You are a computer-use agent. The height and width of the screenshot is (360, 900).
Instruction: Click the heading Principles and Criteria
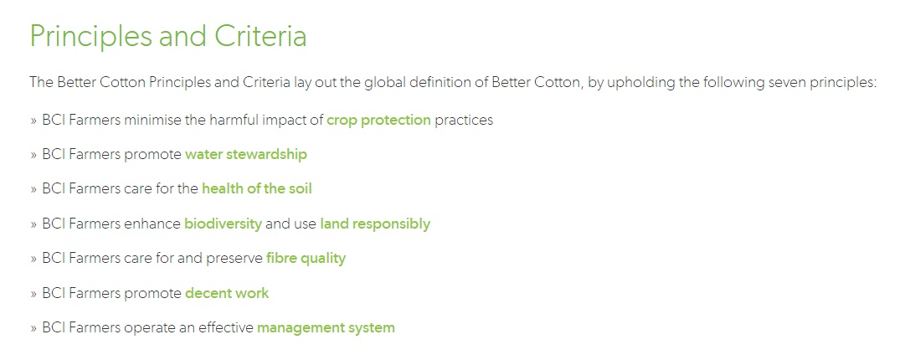(x=168, y=37)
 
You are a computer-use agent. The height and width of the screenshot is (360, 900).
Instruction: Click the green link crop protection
(x=378, y=120)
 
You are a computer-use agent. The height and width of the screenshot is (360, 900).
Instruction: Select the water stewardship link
(x=245, y=154)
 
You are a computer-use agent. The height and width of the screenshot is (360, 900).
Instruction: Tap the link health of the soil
(x=256, y=189)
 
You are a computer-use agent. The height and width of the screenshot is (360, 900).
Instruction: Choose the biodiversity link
(x=223, y=224)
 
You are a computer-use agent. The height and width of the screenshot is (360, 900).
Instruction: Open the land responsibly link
(x=375, y=224)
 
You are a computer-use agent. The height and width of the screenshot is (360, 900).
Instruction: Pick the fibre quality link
(x=306, y=259)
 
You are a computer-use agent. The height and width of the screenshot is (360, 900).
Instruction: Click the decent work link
(x=227, y=293)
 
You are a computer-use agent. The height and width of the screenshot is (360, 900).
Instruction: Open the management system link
(x=326, y=328)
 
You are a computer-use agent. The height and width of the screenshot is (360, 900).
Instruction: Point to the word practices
(x=464, y=120)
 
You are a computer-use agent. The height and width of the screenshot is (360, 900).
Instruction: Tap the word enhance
(x=153, y=224)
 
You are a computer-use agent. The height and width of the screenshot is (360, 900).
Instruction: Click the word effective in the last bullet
(x=225, y=328)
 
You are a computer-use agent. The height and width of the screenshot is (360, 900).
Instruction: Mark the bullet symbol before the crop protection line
(x=33, y=121)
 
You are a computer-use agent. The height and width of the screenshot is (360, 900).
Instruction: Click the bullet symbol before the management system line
(x=33, y=328)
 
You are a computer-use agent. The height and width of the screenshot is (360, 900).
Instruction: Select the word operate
(x=151, y=328)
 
